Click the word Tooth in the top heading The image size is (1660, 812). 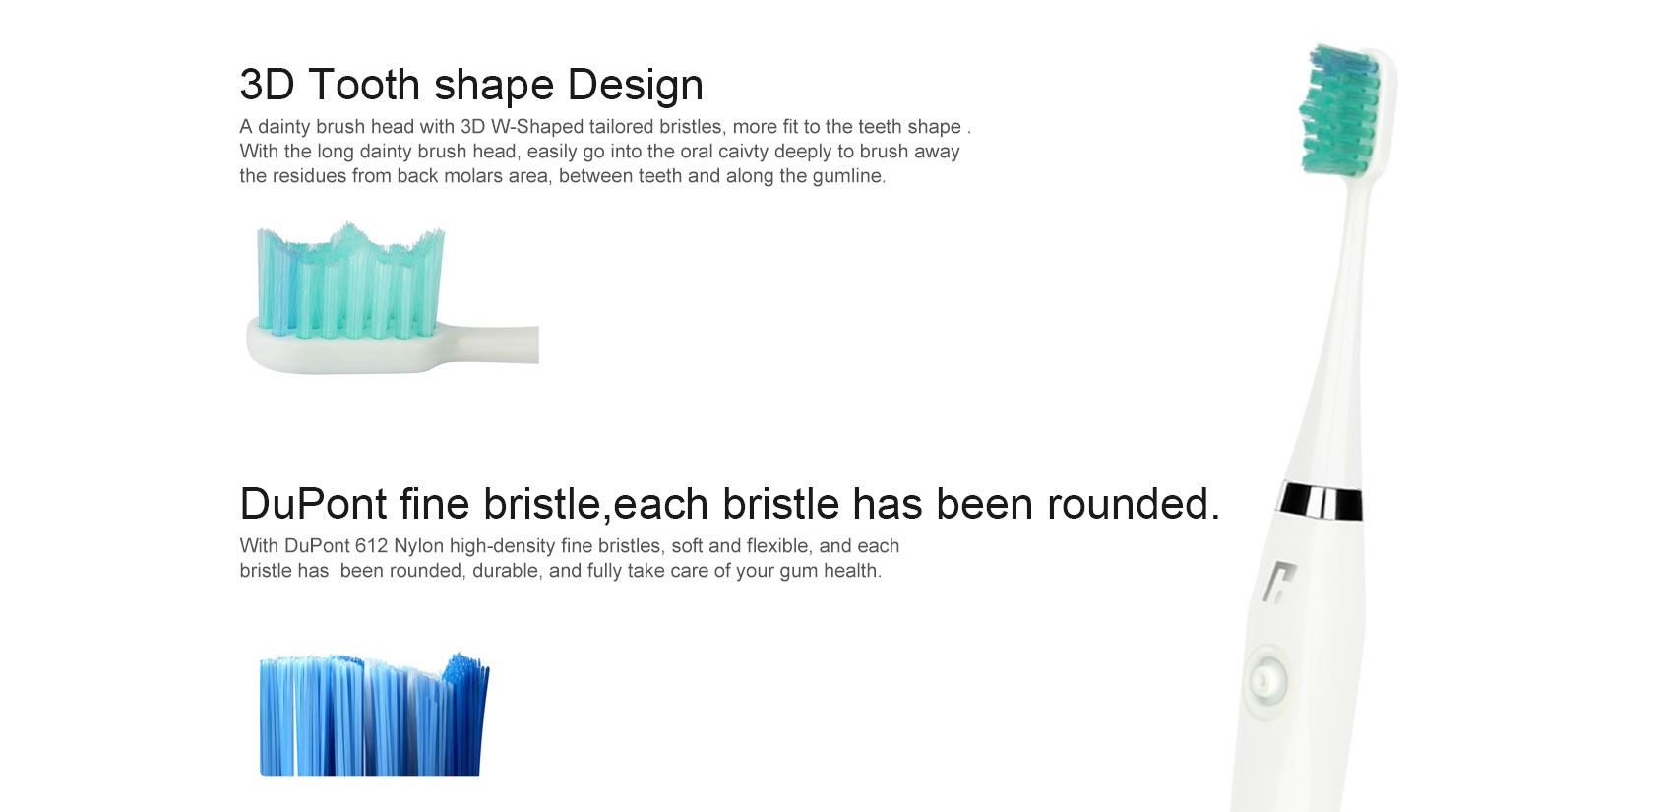point(364,85)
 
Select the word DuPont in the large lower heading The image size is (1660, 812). point(314,504)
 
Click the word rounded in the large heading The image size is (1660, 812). point(1133,504)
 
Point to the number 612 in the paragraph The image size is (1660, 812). point(371,546)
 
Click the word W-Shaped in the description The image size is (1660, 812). point(537,127)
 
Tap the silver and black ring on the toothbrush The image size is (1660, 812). point(1321,502)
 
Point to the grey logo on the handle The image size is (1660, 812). point(1279,581)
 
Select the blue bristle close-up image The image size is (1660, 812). point(374,715)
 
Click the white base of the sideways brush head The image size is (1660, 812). point(393,347)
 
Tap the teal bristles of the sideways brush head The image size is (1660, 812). point(350,281)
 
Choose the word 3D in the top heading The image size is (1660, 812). point(268,85)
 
